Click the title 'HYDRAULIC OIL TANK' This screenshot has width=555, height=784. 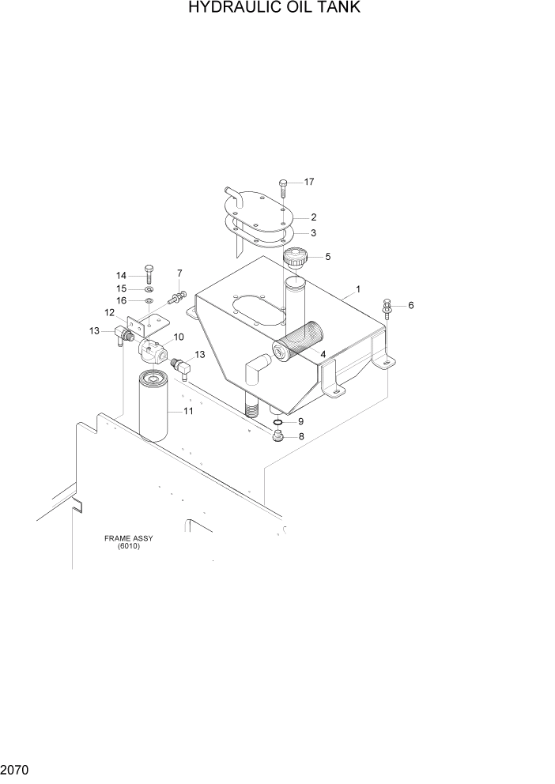(x=276, y=9)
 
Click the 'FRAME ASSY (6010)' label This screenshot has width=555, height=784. (x=128, y=542)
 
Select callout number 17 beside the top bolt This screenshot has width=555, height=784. (x=308, y=182)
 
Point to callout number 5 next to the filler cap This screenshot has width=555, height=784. (x=327, y=256)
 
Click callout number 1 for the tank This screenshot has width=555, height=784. (x=357, y=290)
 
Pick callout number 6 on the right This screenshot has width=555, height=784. (x=410, y=305)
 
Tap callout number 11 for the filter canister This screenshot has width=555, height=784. (x=188, y=411)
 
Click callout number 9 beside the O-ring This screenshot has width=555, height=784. (x=300, y=421)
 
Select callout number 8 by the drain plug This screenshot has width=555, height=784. (x=300, y=437)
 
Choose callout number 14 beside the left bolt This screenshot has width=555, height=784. (x=122, y=275)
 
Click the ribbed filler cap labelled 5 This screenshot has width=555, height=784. (x=296, y=258)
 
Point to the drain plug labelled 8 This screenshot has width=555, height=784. (x=279, y=437)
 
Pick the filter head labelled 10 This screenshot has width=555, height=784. (x=152, y=349)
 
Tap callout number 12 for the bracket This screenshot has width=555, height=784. (x=110, y=313)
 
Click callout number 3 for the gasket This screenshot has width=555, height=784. (x=313, y=232)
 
